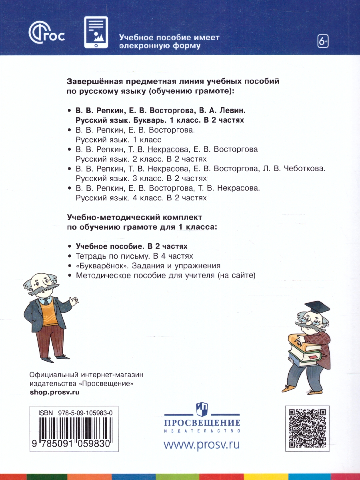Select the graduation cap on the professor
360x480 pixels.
tap(319, 307)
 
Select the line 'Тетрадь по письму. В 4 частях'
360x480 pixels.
tap(134, 256)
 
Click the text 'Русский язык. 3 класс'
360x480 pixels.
tap(118, 178)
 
